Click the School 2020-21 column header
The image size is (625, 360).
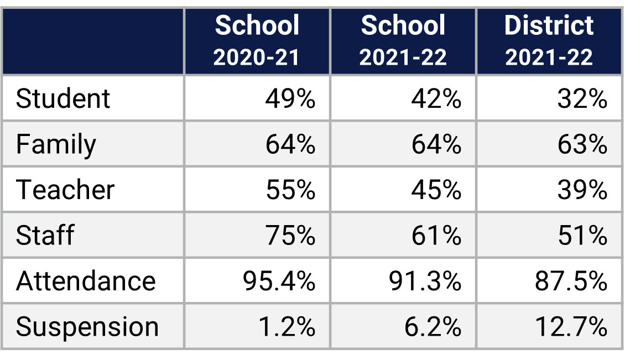[257, 41]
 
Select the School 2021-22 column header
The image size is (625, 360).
[403, 41]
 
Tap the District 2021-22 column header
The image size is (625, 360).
[549, 41]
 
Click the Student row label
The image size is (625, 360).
[63, 99]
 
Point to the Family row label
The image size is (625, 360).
[56, 144]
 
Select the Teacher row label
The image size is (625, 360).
[65, 190]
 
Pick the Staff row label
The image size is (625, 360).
[45, 236]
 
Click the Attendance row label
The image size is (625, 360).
[86, 281]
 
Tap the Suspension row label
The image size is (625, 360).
[87, 327]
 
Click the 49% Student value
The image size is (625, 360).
[290, 99]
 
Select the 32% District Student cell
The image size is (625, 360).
[582, 99]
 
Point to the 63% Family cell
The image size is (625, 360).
[582, 144]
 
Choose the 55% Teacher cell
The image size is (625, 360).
[290, 190]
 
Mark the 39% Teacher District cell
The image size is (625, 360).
[582, 190]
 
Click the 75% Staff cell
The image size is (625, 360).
[290, 236]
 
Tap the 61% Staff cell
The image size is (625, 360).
[436, 236]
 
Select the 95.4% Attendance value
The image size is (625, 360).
[279, 281]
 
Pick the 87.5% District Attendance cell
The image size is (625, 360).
[571, 281]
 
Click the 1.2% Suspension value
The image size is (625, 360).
[287, 327]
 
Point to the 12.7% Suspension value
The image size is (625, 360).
[571, 327]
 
